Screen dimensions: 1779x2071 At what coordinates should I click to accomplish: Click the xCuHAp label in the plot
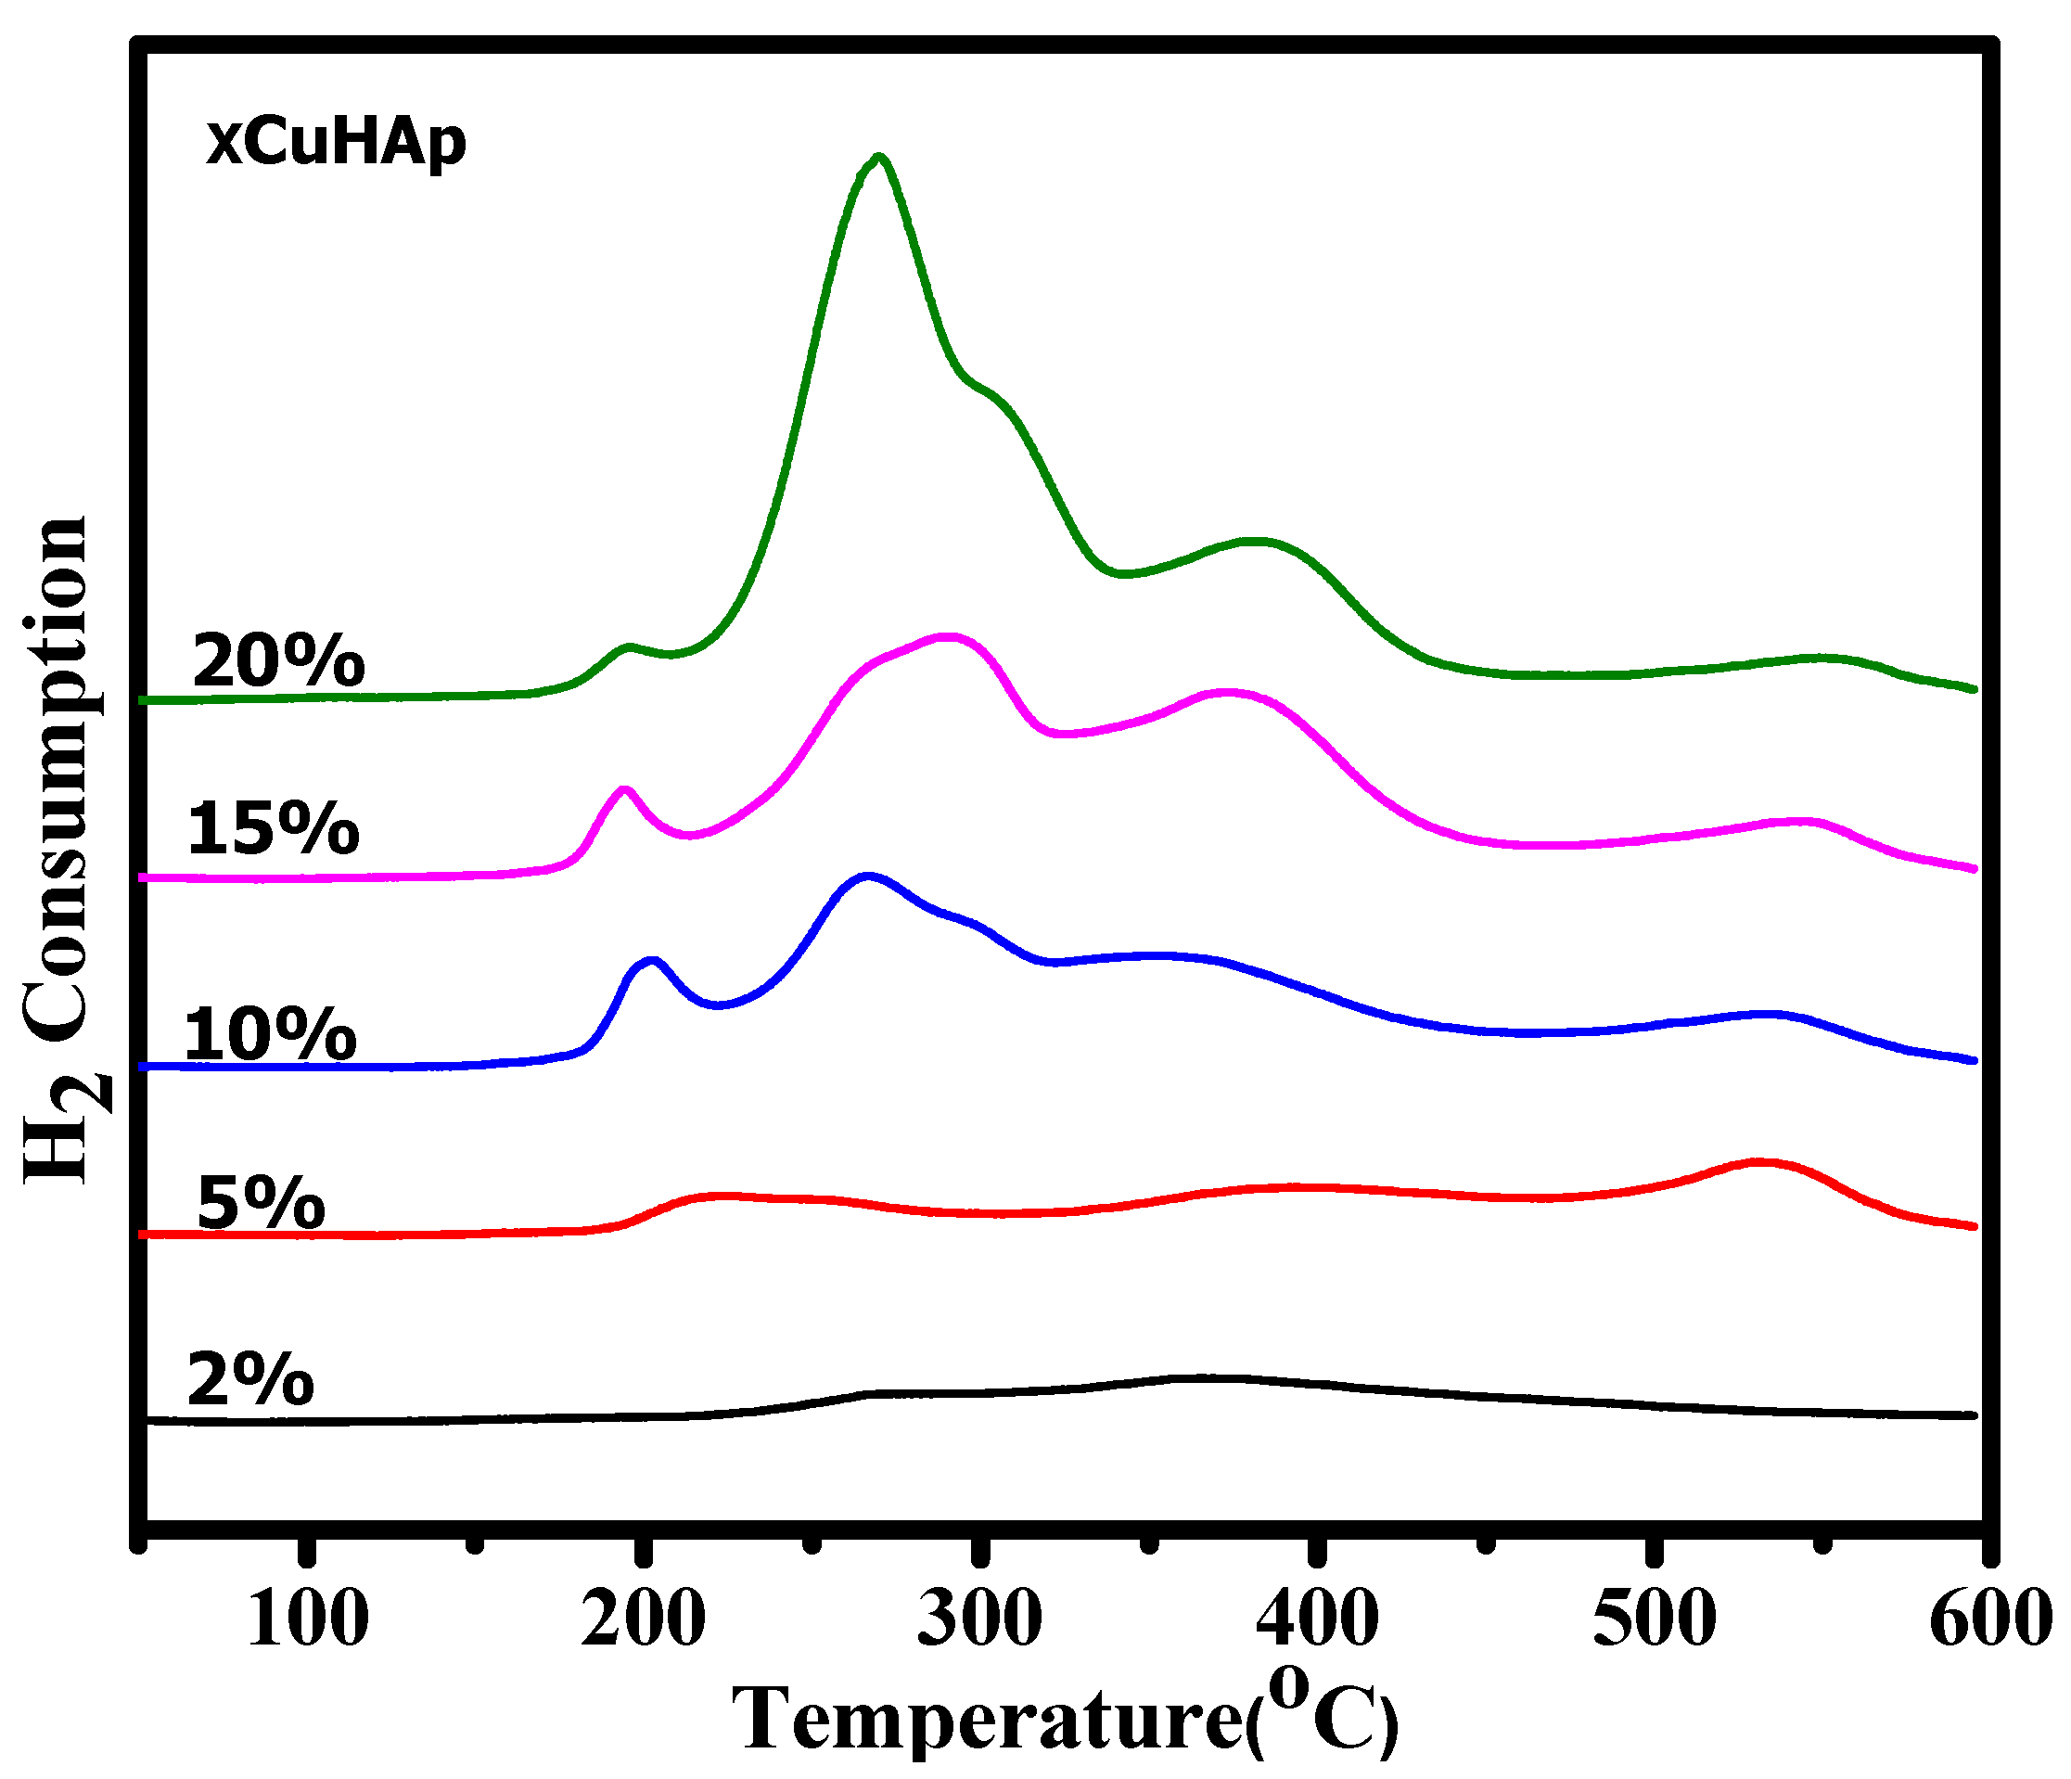[336, 142]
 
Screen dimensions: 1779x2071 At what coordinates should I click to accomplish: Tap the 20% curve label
[279, 660]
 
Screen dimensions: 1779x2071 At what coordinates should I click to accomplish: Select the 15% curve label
[273, 828]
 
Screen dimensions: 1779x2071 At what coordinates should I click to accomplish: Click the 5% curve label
[261, 1202]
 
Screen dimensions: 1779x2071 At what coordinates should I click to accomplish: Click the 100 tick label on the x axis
[307, 1619]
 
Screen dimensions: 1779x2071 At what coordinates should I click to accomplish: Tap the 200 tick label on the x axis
[643, 1619]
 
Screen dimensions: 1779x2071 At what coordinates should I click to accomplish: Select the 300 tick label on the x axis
[979, 1619]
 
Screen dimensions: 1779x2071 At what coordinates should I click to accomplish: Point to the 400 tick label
[1317, 1619]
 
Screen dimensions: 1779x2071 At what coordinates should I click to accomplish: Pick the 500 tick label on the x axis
[1655, 1619]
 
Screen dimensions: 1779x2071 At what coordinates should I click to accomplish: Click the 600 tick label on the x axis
[1989, 1619]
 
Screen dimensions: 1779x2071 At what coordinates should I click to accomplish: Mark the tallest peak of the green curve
[878, 158]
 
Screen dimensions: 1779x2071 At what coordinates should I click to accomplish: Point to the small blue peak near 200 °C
[653, 962]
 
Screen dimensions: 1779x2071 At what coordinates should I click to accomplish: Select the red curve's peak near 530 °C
[1761, 1162]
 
